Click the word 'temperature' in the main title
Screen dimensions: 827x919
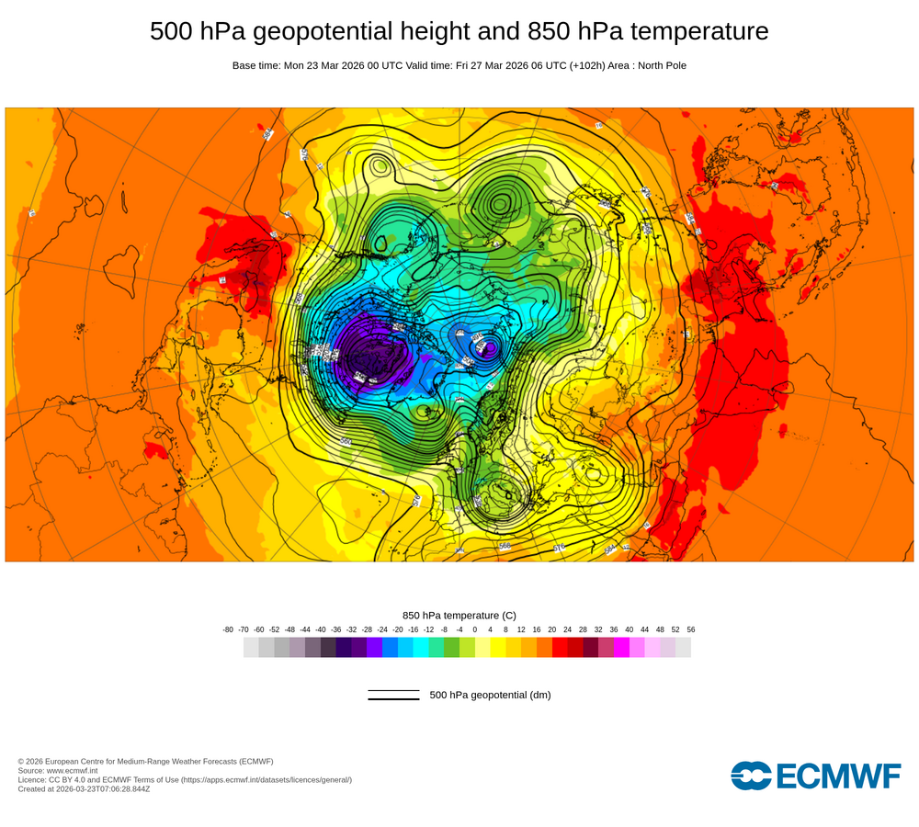point(698,31)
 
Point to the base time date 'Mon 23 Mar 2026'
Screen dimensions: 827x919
point(327,65)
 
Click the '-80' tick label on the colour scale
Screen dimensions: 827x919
point(228,629)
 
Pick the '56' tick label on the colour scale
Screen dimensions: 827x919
point(690,629)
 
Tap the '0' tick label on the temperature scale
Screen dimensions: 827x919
point(475,629)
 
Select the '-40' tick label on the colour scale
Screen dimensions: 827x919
point(321,629)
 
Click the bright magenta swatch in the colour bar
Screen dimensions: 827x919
point(621,648)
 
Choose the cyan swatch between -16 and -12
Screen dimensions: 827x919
point(421,648)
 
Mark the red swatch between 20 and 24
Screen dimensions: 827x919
point(560,648)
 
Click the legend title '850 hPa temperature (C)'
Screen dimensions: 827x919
point(459,615)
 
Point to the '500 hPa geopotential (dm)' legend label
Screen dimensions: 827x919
point(490,695)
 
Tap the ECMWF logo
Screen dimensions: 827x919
point(815,776)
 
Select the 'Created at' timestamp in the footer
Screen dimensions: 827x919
point(84,788)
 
